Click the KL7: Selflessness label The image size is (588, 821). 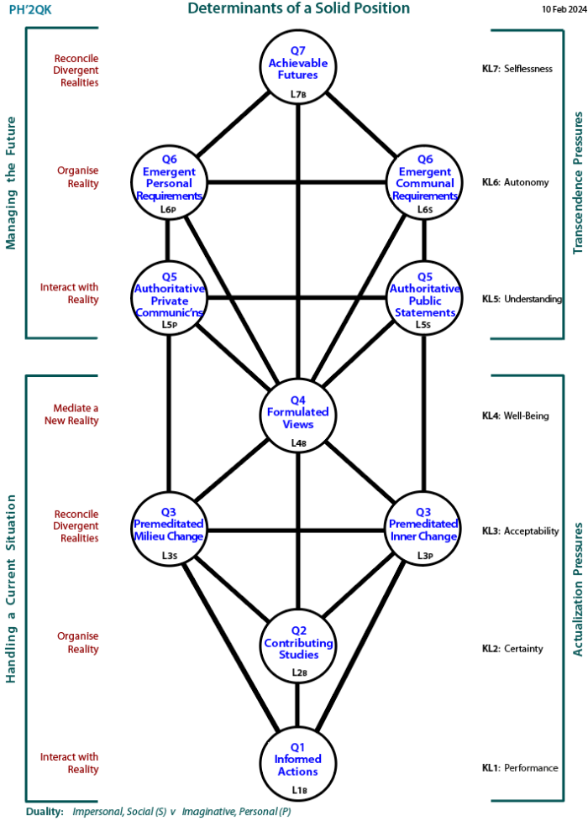click(517, 69)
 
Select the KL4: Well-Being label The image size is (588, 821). click(515, 416)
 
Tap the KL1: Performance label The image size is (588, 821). click(519, 767)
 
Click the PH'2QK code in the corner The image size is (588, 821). click(29, 9)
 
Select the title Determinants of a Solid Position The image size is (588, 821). click(298, 8)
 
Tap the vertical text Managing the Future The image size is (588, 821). click(12, 183)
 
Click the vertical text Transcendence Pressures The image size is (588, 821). click(577, 183)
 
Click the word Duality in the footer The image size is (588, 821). click(45, 812)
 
